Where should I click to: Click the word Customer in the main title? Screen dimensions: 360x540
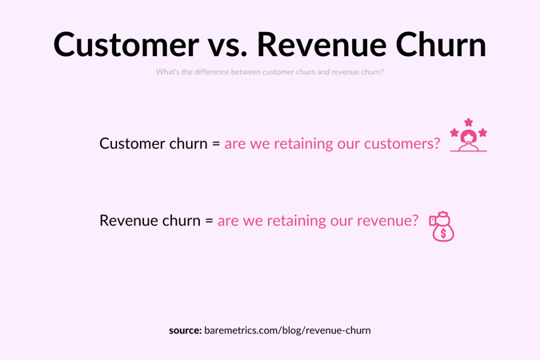126,45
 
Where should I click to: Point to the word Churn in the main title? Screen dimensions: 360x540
441,45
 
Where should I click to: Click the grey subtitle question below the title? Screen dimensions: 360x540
270,72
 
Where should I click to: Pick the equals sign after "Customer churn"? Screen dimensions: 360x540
216,144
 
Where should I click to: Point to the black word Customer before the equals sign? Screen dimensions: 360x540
133,143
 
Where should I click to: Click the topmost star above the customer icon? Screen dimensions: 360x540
469,122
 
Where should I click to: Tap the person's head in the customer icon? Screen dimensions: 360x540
469,137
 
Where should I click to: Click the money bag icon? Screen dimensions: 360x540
442,227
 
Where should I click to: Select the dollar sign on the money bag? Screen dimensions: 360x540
443,234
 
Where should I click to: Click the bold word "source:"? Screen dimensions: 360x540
185,330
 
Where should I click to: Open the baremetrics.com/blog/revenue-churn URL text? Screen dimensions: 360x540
287,330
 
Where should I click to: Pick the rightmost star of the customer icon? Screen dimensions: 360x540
482,132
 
